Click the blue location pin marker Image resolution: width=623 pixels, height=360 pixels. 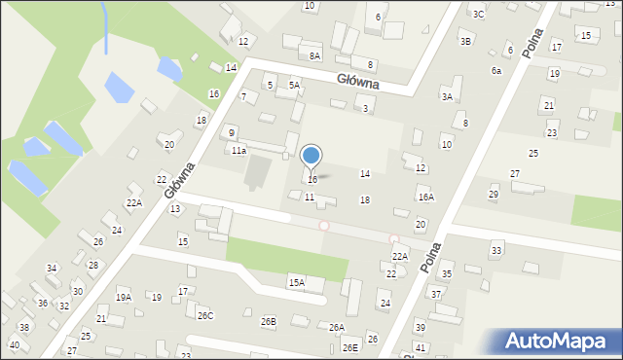pyautogui.click(x=311, y=156)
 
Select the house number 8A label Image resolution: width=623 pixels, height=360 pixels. pyautogui.click(x=314, y=56)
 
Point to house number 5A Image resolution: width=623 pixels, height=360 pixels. pyautogui.click(x=293, y=86)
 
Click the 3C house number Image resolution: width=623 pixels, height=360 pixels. pyautogui.click(x=478, y=14)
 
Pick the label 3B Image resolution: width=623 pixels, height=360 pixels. pyautogui.click(x=466, y=41)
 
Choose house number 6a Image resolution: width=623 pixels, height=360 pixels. pyautogui.click(x=496, y=71)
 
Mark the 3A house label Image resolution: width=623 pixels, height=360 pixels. pyautogui.click(x=447, y=96)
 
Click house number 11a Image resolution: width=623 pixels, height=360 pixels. pyautogui.click(x=238, y=151)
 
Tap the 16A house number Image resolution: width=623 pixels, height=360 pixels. pyautogui.click(x=425, y=197)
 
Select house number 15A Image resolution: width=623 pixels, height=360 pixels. pyautogui.click(x=296, y=282)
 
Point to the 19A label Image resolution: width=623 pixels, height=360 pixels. pyautogui.click(x=124, y=298)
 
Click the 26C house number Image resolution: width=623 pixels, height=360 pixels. pyautogui.click(x=205, y=315)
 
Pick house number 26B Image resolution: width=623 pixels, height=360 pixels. pyautogui.click(x=268, y=321)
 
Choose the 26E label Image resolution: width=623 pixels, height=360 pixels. pyautogui.click(x=349, y=347)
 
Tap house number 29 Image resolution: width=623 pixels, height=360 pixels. pyautogui.click(x=494, y=195)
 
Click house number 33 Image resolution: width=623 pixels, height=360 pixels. pyautogui.click(x=496, y=251)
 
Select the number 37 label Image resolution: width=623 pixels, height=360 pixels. pyautogui.click(x=436, y=294)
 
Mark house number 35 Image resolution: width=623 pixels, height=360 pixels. pyautogui.click(x=446, y=275)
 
